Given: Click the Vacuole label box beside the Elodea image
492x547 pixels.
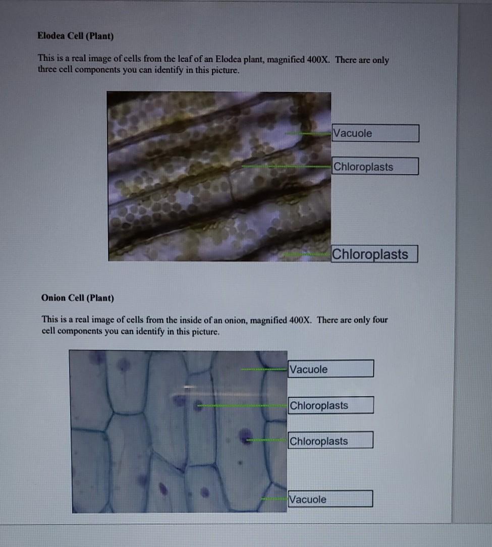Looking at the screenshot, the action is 375,133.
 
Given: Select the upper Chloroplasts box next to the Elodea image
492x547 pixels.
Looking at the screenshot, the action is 375,166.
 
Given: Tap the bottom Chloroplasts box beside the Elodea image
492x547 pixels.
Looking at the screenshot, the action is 374,254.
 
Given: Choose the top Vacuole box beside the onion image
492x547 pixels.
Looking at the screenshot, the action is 331,368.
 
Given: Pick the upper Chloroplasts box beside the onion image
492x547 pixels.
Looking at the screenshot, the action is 331,405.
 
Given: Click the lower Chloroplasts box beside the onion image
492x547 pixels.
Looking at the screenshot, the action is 331,440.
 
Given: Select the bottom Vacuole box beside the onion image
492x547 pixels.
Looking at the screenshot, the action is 330,499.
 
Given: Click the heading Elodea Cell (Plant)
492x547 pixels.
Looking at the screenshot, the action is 75,36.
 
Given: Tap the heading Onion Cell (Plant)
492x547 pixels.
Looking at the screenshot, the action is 78,298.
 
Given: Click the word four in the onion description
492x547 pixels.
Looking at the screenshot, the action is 380,320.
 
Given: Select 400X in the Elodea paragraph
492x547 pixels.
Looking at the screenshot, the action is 318,60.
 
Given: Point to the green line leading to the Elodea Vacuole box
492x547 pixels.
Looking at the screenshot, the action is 308,133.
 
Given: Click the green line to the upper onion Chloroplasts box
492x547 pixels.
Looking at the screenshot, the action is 243,405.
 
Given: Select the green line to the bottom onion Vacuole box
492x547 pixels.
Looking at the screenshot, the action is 275,499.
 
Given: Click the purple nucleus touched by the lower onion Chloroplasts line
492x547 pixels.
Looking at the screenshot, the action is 245,436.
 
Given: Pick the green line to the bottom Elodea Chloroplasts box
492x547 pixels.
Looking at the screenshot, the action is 307,254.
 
